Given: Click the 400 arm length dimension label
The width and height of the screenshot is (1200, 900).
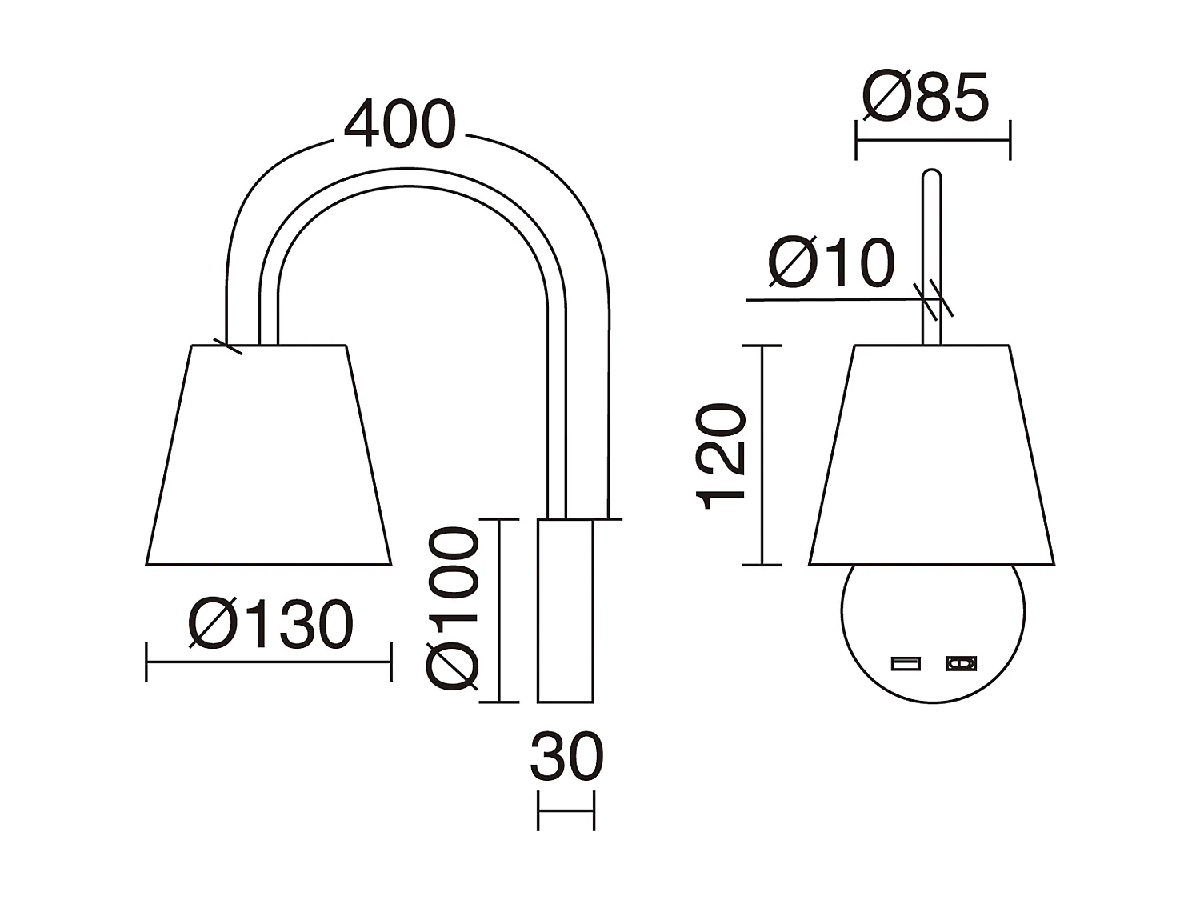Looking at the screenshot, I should pyautogui.click(x=399, y=126).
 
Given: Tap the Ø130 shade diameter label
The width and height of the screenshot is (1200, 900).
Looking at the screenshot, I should pyautogui.click(x=270, y=625).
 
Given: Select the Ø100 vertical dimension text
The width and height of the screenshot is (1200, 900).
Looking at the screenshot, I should pyautogui.click(x=452, y=608).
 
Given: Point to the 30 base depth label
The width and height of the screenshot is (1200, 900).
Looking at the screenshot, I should pyautogui.click(x=566, y=758).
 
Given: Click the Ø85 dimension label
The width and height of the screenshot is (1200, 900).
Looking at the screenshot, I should pyautogui.click(x=926, y=98).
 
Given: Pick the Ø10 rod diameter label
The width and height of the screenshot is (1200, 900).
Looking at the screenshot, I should pyautogui.click(x=830, y=263).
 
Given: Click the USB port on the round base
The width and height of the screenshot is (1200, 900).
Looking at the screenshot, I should pyautogui.click(x=906, y=663).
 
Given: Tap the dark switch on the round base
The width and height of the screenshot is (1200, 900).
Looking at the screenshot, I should pyautogui.click(x=962, y=663).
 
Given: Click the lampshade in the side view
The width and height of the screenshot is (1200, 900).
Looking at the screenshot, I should pyautogui.click(x=269, y=456).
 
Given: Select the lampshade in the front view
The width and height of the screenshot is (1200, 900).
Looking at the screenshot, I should pyautogui.click(x=932, y=456).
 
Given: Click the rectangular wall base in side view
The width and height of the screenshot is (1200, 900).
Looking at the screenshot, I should pyautogui.click(x=566, y=611).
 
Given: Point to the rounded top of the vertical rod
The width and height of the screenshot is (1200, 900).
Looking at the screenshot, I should pyautogui.click(x=932, y=174).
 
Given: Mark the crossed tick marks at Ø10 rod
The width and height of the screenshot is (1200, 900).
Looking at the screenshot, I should pyautogui.click(x=932, y=300).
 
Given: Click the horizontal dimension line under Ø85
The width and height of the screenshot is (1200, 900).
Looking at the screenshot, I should pyautogui.click(x=933, y=140).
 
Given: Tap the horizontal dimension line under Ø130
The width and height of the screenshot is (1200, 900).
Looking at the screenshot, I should pyautogui.click(x=269, y=662).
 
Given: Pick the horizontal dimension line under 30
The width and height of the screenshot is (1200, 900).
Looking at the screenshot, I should pyautogui.click(x=566, y=810).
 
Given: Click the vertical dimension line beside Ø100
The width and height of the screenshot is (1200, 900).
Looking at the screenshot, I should pyautogui.click(x=499, y=611).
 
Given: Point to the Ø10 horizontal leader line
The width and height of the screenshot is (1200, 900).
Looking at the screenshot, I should pyautogui.click(x=832, y=300).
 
